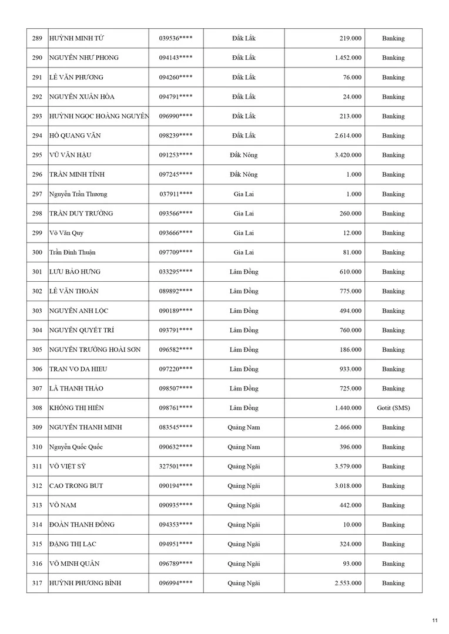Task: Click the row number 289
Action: tap(37, 39)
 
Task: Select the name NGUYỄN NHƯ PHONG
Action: tap(83, 58)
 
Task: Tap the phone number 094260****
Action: tap(176, 77)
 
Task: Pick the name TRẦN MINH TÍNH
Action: tap(78, 174)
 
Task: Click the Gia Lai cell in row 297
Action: tap(244, 194)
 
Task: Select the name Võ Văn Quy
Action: tap(66, 233)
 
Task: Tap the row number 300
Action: tap(37, 252)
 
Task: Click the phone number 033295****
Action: tap(176, 272)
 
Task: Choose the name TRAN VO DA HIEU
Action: tap(78, 369)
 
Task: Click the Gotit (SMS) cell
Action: tap(393, 408)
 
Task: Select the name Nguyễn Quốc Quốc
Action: tap(76, 447)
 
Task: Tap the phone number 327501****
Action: tap(176, 467)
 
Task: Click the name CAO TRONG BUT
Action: tap(76, 486)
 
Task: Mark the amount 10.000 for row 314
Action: tap(352, 525)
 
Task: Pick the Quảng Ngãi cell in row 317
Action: tap(244, 584)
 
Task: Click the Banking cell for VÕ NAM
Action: tap(393, 505)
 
